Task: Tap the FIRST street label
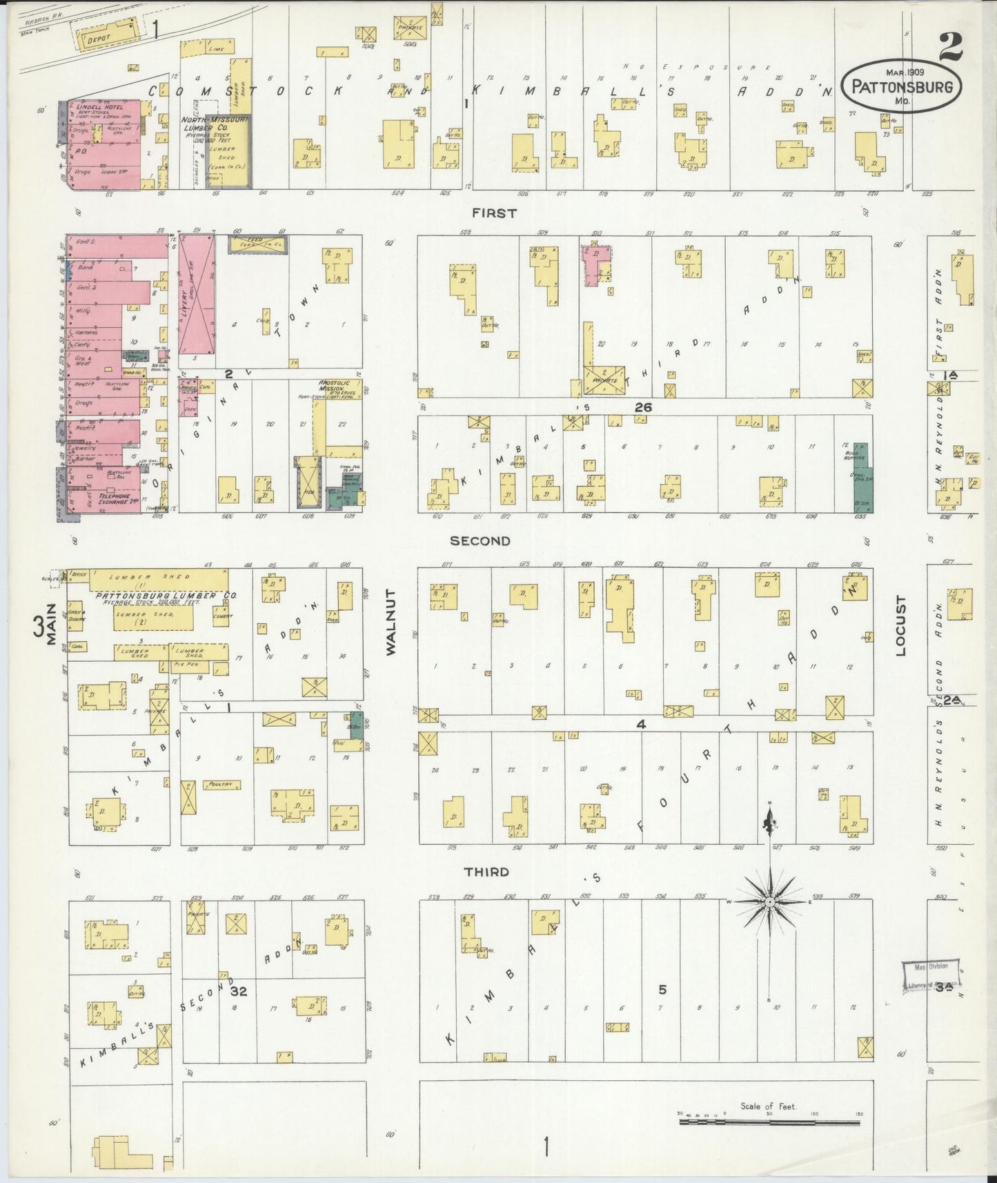coord(494,213)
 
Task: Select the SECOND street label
coord(480,541)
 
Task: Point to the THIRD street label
coord(486,872)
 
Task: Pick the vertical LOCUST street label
coord(901,625)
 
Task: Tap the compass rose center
coord(769,902)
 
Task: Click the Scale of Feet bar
coord(769,1123)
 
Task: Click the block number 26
coord(642,408)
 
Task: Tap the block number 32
coord(239,991)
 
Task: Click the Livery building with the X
coord(196,294)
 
